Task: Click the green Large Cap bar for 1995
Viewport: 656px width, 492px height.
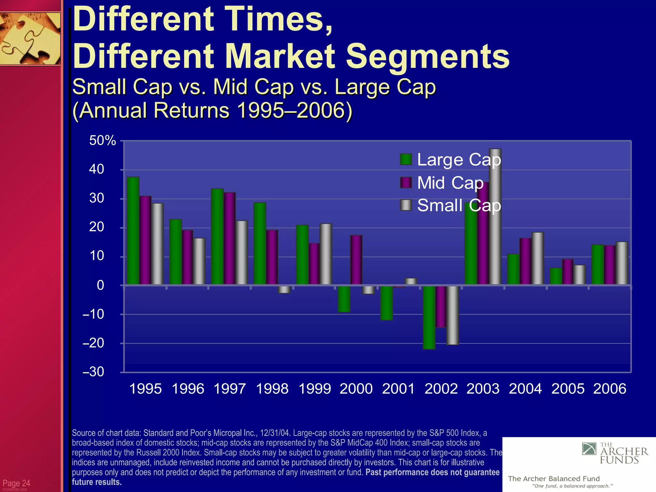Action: pos(133,231)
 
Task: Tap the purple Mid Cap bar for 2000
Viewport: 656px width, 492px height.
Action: pos(356,260)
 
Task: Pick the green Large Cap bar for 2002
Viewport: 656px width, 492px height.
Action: pos(429,317)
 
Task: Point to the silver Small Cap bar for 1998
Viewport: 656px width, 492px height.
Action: pos(284,289)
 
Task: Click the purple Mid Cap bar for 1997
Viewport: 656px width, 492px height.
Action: pos(229,238)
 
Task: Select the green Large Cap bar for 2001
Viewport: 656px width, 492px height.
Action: pos(387,303)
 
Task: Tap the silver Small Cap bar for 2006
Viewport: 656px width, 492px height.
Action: pos(622,263)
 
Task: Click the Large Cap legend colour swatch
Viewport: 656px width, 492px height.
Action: pos(406,160)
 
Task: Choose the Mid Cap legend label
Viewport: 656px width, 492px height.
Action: pos(450,183)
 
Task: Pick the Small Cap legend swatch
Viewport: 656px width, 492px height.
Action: pos(406,205)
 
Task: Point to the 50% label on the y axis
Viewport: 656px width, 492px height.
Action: pos(102,141)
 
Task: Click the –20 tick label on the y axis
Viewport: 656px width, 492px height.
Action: pos(93,343)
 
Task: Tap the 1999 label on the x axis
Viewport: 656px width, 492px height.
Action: pos(314,389)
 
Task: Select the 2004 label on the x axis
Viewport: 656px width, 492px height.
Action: pos(525,389)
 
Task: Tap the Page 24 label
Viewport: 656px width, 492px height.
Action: pos(16,483)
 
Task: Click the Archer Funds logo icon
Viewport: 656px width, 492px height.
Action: pos(589,449)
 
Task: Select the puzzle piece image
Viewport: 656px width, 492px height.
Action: pos(30,38)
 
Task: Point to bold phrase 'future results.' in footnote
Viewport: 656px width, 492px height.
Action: pos(97,482)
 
